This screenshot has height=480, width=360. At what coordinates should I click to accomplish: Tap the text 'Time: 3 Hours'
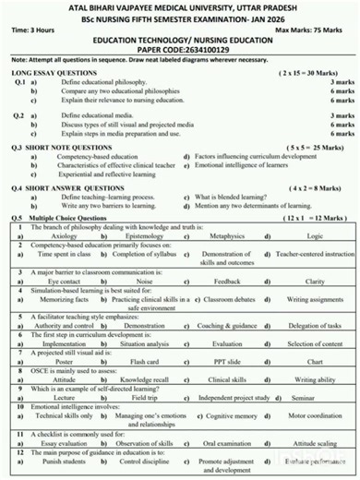(31, 30)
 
